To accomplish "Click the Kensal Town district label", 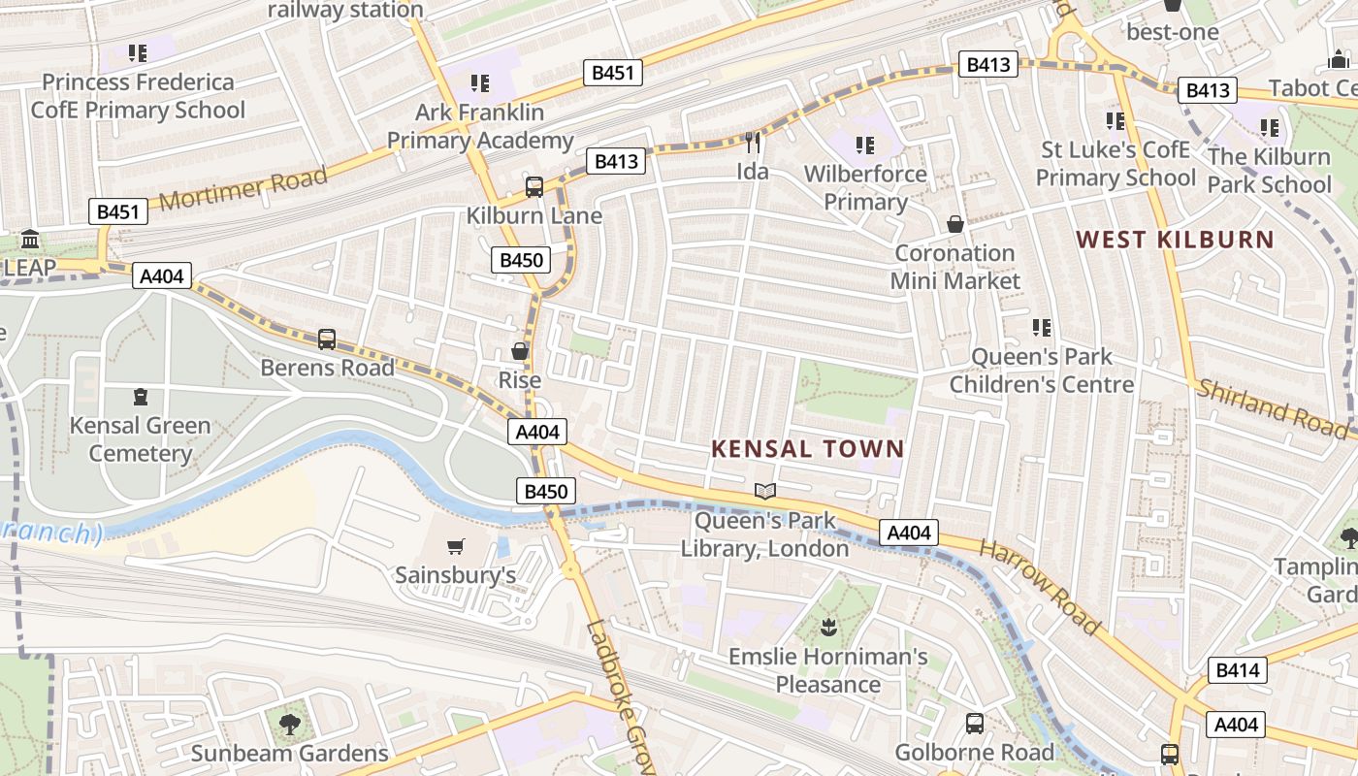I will click(807, 449).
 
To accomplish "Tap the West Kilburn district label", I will click(1175, 239).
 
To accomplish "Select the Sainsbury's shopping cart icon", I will click(455, 547).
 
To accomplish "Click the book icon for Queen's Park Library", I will click(765, 492).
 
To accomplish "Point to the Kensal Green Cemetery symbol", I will click(141, 397).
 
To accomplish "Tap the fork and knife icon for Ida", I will click(753, 144).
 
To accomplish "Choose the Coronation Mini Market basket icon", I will click(955, 225).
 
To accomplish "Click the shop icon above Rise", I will click(520, 351).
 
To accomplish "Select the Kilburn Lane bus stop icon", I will click(534, 187).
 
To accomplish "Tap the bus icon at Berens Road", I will click(327, 339).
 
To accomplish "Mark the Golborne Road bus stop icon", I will click(974, 724).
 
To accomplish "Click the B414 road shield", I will click(1237, 669).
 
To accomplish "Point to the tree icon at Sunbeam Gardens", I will click(289, 724).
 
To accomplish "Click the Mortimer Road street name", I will click(242, 188).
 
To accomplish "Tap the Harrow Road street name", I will click(1040, 588).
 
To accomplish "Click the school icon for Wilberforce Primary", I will click(865, 145).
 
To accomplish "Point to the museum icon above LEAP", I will click(30, 239).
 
